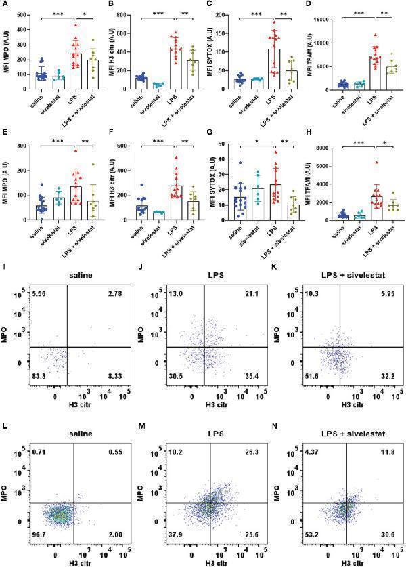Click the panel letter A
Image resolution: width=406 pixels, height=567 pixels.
5,6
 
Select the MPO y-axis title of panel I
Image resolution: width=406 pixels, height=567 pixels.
6,335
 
